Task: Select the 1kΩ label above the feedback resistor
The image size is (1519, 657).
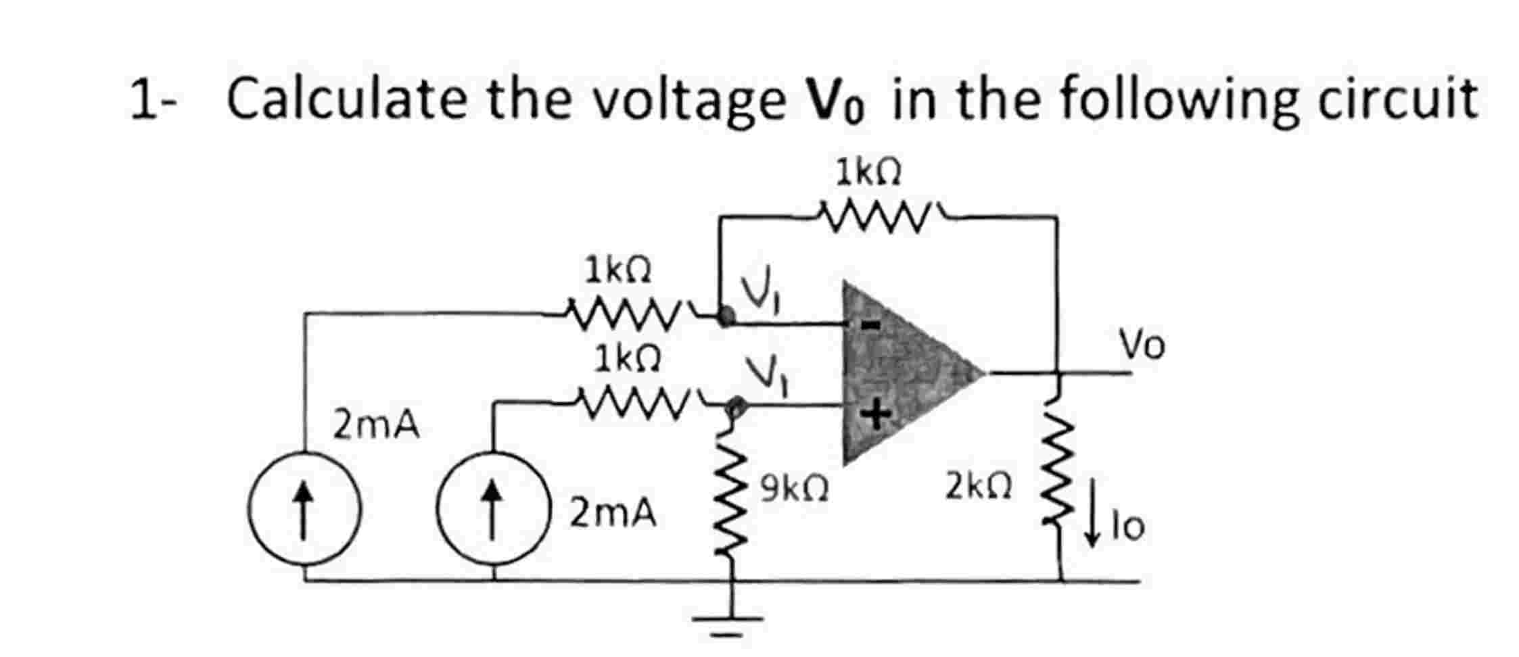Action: click(x=868, y=173)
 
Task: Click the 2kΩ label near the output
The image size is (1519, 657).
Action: click(x=979, y=486)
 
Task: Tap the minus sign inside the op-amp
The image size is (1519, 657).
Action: click(x=872, y=326)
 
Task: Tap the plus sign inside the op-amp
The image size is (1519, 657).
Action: click(x=874, y=414)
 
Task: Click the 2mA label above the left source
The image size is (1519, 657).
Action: click(x=376, y=426)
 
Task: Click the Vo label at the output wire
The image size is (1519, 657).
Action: click(x=1142, y=345)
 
